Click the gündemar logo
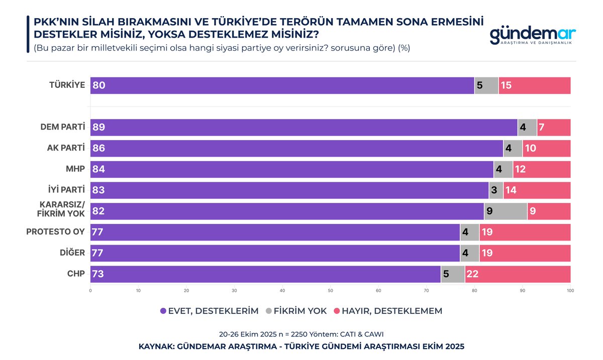coord(532,35)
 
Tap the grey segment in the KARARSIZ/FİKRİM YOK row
coord(506,211)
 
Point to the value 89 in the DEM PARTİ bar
coord(98,128)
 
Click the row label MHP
coord(75,169)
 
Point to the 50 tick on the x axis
coord(330,291)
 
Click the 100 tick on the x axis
coord(570,291)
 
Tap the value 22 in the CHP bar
coord(472,274)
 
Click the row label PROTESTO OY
coord(55,232)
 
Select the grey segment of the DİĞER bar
coord(469,253)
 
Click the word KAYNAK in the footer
coord(157,346)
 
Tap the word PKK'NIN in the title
coord(54,23)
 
